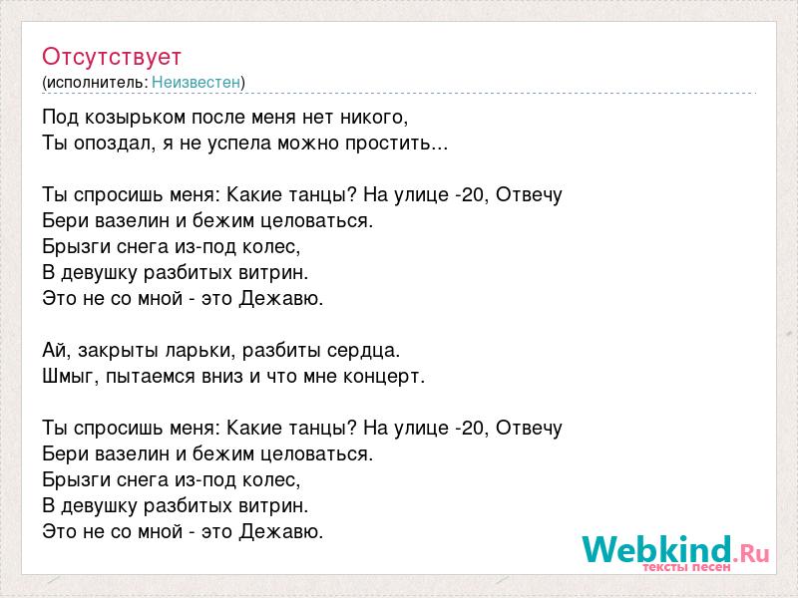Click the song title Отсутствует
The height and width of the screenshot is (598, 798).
[x=112, y=57]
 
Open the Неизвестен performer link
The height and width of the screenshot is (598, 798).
[x=196, y=82]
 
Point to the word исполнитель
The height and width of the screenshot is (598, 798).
[x=96, y=83]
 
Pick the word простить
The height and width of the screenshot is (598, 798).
[x=388, y=144]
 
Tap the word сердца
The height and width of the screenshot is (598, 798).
[x=362, y=351]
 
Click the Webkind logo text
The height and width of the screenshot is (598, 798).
[x=657, y=549]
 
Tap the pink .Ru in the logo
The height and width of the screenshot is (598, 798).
[x=751, y=553]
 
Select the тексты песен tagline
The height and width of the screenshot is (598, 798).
[x=687, y=567]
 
